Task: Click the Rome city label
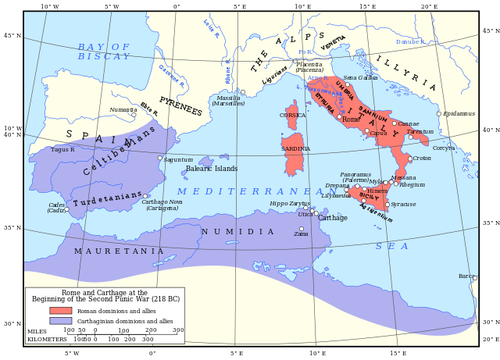point(351,119)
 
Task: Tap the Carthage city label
point(333,218)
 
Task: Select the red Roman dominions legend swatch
point(60,310)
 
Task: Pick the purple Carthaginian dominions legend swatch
point(60,321)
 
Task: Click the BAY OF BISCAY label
point(104,52)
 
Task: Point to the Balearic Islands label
point(212,169)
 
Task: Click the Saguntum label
point(178,159)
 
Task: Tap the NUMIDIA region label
point(237,232)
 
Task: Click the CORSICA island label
point(293,115)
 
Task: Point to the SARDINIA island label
point(295,148)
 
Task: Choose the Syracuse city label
point(403,205)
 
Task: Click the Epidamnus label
point(459,113)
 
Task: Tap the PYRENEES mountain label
point(180,106)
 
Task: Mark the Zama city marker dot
point(302,229)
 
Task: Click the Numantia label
point(123,110)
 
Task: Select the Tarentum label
point(420,131)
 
